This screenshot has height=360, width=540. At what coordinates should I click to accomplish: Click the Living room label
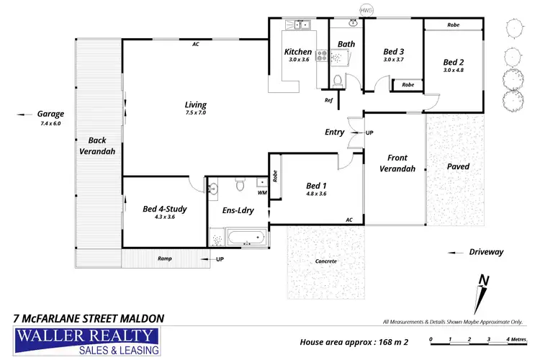click(196, 105)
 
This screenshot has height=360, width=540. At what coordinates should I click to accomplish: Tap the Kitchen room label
click(298, 52)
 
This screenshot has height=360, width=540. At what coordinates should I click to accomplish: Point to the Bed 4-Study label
click(165, 210)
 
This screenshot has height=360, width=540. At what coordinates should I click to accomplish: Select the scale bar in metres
click(469, 338)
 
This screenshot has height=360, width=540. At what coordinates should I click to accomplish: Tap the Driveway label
click(486, 252)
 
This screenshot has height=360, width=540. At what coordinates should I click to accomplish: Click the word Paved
click(458, 166)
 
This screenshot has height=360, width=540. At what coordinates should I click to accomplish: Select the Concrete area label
click(325, 261)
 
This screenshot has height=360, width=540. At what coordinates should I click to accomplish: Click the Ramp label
click(165, 258)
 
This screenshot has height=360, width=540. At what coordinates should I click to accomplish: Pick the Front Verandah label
click(397, 163)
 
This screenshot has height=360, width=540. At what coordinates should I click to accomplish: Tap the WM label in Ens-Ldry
click(262, 193)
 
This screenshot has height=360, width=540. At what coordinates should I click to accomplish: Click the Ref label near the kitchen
click(329, 100)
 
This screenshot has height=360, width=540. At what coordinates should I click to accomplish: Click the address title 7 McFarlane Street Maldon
click(89, 318)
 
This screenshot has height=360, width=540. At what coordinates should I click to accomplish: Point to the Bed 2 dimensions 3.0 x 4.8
click(454, 70)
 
